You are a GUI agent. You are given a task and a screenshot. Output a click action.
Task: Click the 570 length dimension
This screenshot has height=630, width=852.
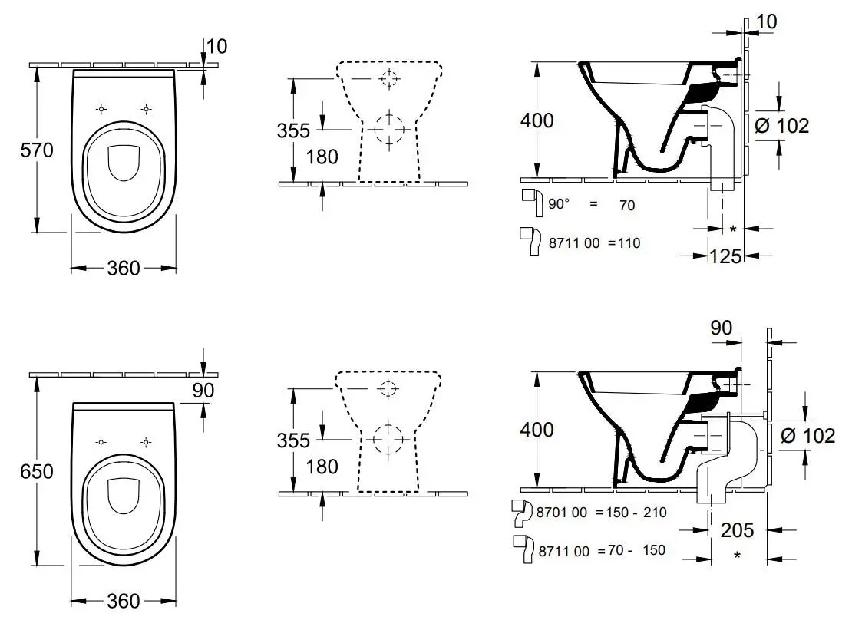(x=38, y=151)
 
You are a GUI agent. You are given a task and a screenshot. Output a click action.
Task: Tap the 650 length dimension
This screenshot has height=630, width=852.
(x=38, y=471)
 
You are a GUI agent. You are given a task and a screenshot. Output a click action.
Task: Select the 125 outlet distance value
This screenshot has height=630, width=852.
(x=725, y=256)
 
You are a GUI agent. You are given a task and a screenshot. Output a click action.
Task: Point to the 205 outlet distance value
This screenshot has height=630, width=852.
(x=737, y=529)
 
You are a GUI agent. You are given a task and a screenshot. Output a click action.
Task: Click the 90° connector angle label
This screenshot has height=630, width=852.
(x=560, y=205)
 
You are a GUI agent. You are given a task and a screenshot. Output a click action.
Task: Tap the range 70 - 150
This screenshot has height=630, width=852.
(x=634, y=549)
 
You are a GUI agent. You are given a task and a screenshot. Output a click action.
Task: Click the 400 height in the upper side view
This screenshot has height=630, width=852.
(x=537, y=120)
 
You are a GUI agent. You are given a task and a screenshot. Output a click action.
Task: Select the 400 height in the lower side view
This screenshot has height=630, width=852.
(x=537, y=430)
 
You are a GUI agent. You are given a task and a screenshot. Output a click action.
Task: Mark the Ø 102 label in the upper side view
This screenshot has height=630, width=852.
(x=782, y=126)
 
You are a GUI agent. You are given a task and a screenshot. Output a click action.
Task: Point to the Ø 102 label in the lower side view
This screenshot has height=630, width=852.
(x=807, y=436)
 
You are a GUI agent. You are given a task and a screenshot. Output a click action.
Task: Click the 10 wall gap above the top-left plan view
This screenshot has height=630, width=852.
(x=217, y=46)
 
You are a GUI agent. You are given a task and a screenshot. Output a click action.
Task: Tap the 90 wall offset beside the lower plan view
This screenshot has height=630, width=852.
(x=203, y=390)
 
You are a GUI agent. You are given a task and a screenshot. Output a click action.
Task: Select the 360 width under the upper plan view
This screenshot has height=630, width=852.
(x=124, y=268)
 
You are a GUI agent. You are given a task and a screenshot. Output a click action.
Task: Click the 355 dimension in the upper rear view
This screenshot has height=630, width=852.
(x=293, y=130)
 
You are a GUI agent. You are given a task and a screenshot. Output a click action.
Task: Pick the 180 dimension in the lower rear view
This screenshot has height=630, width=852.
(x=322, y=467)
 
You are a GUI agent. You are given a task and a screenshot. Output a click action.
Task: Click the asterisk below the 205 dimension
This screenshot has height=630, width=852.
(x=737, y=555)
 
